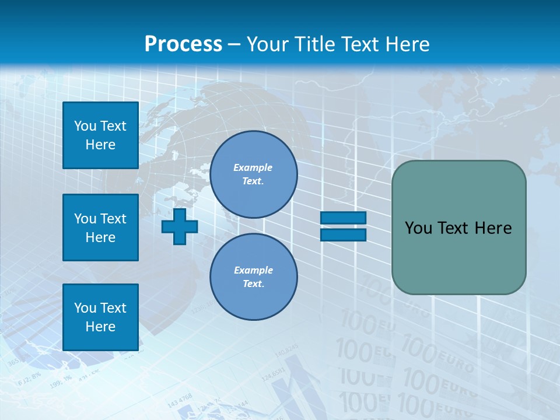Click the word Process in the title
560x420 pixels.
pyautogui.click(x=183, y=44)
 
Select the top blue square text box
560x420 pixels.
pyautogui.click(x=100, y=135)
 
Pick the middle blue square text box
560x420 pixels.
pyautogui.click(x=100, y=228)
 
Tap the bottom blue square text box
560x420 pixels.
pyautogui.click(x=100, y=317)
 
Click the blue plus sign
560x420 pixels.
pyautogui.click(x=180, y=226)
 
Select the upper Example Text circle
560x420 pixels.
pyautogui.click(x=253, y=174)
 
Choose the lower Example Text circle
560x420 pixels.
pyautogui.click(x=253, y=277)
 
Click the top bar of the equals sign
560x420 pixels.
pyautogui.click(x=343, y=218)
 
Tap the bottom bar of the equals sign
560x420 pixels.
pyautogui.click(x=343, y=235)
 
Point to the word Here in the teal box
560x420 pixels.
pyautogui.click(x=493, y=228)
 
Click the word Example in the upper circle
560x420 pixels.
pyautogui.click(x=253, y=167)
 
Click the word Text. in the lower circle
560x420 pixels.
pyautogui.click(x=253, y=284)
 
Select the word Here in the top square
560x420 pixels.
pyautogui.click(x=100, y=145)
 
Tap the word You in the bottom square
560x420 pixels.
pyautogui.click(x=85, y=308)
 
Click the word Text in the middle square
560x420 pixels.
pyautogui.click(x=113, y=219)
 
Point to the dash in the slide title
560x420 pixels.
pyautogui.click(x=235, y=44)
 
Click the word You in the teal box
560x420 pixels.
pyautogui.click(x=418, y=228)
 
